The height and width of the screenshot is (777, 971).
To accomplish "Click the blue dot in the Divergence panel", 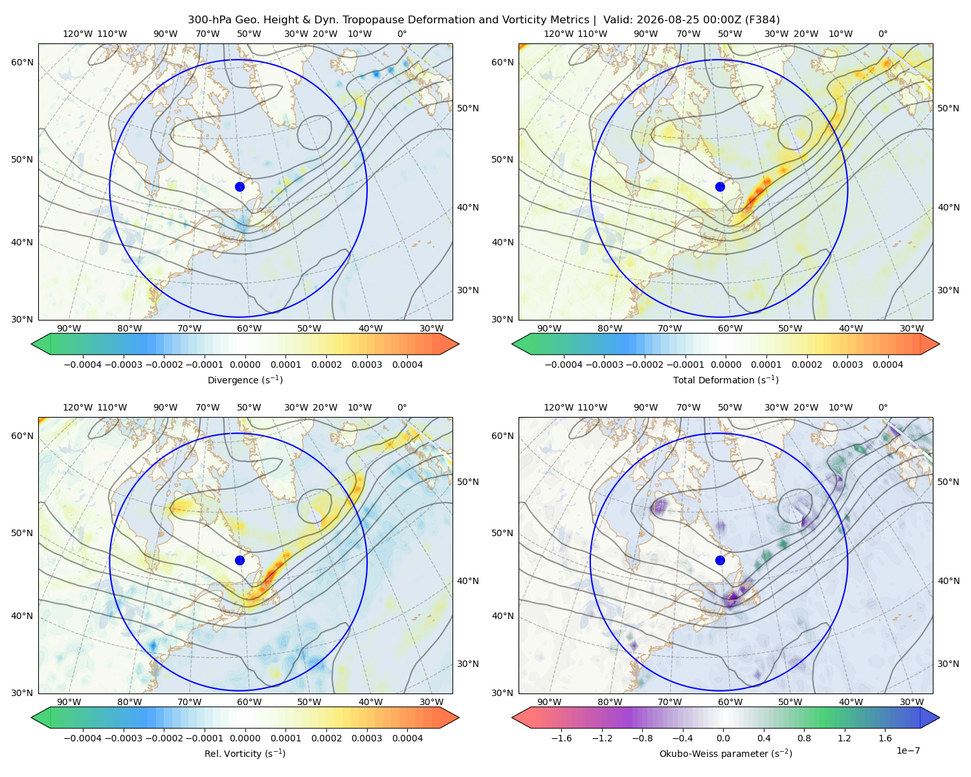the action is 240,186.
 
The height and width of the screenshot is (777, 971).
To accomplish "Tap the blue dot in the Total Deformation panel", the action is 720,186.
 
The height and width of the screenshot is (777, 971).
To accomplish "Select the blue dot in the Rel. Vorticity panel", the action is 240,560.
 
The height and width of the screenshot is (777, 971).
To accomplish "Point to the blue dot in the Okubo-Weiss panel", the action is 720,560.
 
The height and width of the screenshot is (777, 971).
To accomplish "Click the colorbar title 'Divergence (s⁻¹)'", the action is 245,379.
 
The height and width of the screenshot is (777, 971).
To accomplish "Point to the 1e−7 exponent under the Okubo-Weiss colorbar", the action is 908,750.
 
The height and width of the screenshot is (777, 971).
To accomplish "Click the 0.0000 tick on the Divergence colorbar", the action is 245,365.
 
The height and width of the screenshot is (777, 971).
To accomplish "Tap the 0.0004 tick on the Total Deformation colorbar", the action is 888,365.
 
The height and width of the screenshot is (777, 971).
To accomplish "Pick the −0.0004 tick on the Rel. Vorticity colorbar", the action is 83,738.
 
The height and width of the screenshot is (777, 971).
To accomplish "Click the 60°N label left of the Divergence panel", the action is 22,62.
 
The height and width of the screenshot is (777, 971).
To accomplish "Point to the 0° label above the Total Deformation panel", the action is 883,34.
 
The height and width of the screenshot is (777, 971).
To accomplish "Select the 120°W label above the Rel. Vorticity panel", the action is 78,407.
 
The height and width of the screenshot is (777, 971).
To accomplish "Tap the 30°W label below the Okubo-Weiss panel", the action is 912,702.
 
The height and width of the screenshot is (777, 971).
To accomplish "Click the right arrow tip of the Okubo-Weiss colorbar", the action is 939,718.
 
